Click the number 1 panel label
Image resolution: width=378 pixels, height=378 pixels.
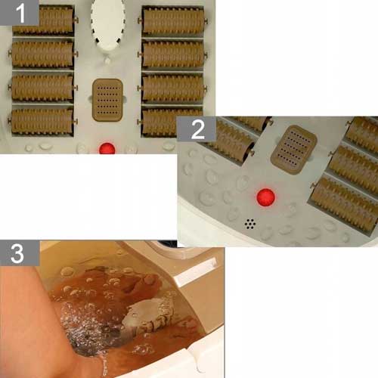(x=20, y=13)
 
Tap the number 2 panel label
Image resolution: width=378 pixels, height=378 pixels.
(x=197, y=129)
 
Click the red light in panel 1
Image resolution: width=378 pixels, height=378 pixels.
(x=107, y=148)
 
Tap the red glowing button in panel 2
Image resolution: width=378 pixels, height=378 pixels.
(x=265, y=197)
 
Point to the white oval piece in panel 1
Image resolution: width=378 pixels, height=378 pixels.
(x=107, y=24)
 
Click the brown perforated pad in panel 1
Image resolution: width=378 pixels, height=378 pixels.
(x=107, y=100)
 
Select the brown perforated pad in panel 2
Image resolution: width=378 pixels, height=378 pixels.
(x=294, y=150)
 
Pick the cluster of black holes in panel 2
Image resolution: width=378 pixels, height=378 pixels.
(x=250, y=224)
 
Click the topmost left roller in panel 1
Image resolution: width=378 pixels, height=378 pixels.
(x=43, y=20)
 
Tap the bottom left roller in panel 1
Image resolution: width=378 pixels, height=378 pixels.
(x=42, y=122)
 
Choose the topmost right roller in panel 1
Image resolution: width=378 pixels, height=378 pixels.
(x=172, y=20)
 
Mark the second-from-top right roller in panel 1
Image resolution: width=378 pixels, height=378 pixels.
(x=172, y=54)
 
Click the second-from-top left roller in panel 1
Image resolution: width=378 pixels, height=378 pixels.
(x=43, y=54)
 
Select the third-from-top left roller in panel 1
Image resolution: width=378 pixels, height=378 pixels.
(x=42, y=88)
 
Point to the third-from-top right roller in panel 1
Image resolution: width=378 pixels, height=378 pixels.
(x=172, y=88)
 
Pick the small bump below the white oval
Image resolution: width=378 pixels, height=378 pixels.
(x=107, y=60)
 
